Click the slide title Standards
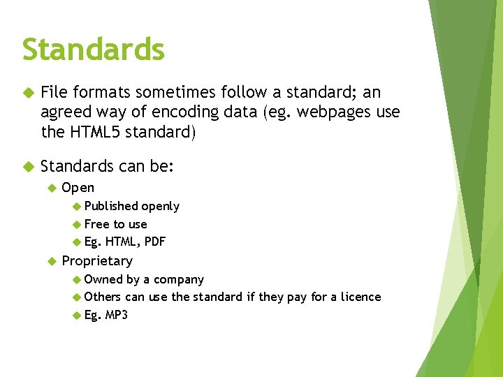(93, 50)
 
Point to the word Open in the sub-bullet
(78, 187)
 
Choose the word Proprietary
(97, 260)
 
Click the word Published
(111, 206)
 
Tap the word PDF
(154, 242)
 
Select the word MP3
(117, 315)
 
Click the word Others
(103, 297)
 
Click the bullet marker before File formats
(28, 93)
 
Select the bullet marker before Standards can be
(28, 167)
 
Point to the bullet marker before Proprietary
(51, 261)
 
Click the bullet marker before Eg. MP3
(76, 316)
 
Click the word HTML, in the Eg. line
(123, 242)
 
